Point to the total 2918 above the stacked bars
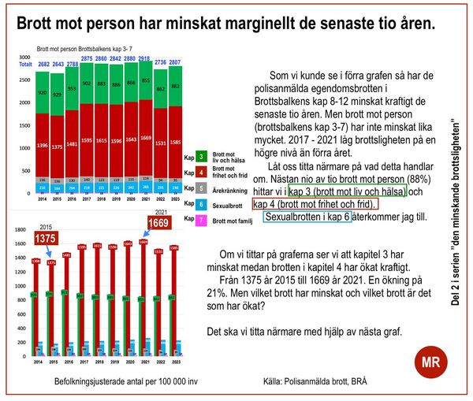[145, 60]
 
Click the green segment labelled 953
[72, 89]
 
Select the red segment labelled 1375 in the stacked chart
[56, 147]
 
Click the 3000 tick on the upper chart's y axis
[25, 58]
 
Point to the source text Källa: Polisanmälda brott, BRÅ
[316, 381]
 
